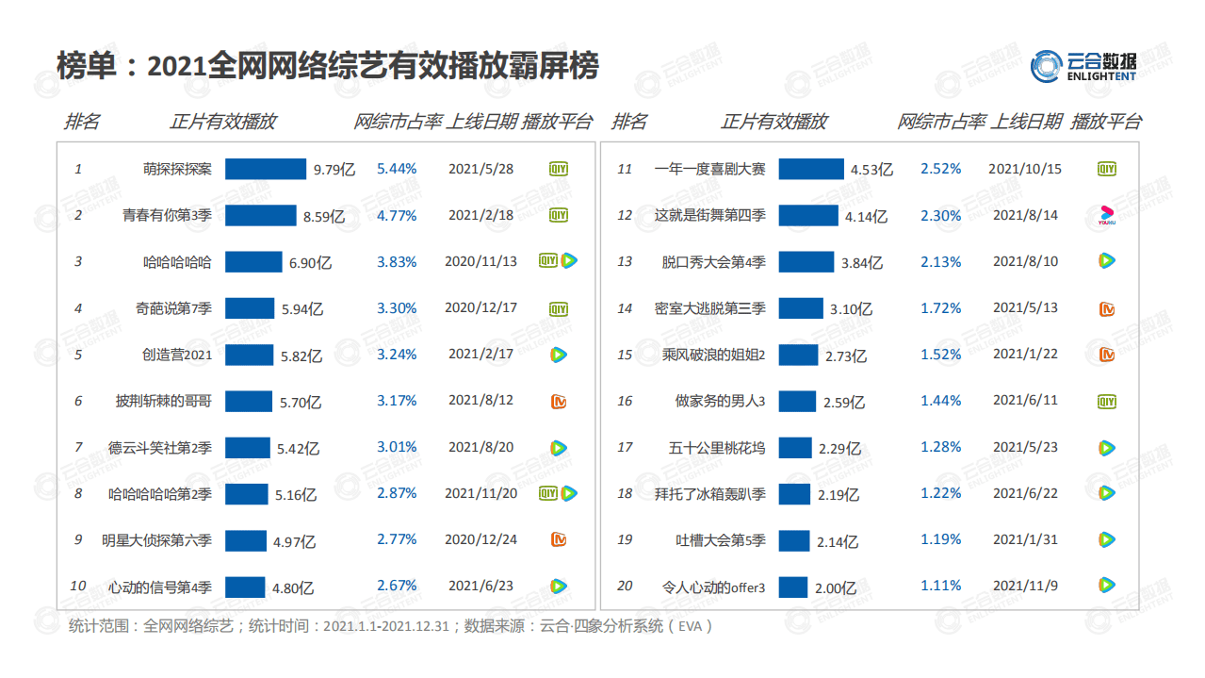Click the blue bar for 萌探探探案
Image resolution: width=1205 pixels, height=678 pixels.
[x=266, y=169]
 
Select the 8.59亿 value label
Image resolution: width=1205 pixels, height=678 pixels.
[x=323, y=216]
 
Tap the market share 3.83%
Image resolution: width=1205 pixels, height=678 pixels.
[x=397, y=261]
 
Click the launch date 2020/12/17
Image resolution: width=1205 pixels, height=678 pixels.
[x=480, y=307]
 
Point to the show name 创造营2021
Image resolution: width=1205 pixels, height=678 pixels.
[x=177, y=355]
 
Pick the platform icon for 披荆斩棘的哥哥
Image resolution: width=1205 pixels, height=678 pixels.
[x=559, y=401]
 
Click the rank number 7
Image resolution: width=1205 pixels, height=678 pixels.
[x=78, y=447]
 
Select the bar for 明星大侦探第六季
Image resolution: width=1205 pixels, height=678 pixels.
[x=246, y=540]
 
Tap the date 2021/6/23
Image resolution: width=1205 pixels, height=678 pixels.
[x=480, y=586]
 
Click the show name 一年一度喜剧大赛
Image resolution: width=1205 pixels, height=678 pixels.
[x=709, y=170]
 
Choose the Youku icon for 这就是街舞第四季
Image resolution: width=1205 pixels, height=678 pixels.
[x=1107, y=216]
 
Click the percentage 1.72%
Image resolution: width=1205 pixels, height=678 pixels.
[x=940, y=308]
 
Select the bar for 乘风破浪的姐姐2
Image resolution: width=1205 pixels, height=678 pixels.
[x=798, y=355]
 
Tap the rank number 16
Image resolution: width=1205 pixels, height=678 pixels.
[x=625, y=401]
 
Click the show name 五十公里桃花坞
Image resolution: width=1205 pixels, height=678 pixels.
[x=717, y=447]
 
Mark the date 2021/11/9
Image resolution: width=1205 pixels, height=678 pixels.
[x=1025, y=586]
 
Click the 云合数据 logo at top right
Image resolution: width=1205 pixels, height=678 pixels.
[x=1083, y=65]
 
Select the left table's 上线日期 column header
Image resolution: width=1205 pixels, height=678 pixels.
[x=480, y=122]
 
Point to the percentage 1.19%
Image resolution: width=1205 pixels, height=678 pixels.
[x=940, y=539]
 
